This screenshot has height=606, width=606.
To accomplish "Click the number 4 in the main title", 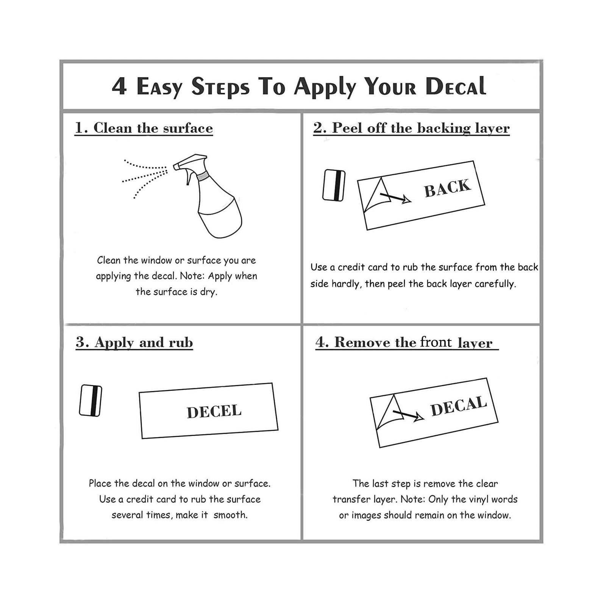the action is click(119, 86).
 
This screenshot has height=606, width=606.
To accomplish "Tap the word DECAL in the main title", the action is click(456, 86).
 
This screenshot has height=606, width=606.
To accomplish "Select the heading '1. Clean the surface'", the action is click(144, 128).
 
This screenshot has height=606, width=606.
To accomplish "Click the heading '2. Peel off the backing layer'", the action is click(411, 128).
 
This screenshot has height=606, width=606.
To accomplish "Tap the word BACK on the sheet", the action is click(447, 188).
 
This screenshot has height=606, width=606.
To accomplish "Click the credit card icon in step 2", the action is click(334, 185).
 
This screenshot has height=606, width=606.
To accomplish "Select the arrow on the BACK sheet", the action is click(395, 197).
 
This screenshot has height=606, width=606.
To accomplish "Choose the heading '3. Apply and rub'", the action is click(134, 342).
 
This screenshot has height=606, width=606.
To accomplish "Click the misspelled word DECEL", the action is click(214, 411).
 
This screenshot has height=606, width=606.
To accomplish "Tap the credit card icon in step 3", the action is click(91, 401).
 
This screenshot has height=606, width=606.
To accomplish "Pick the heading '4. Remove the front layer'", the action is click(407, 342).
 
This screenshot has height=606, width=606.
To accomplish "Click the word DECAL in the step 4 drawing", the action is click(459, 406).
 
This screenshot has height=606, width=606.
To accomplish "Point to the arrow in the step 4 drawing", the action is click(408, 415).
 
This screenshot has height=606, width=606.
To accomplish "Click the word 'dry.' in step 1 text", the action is click(209, 292).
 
